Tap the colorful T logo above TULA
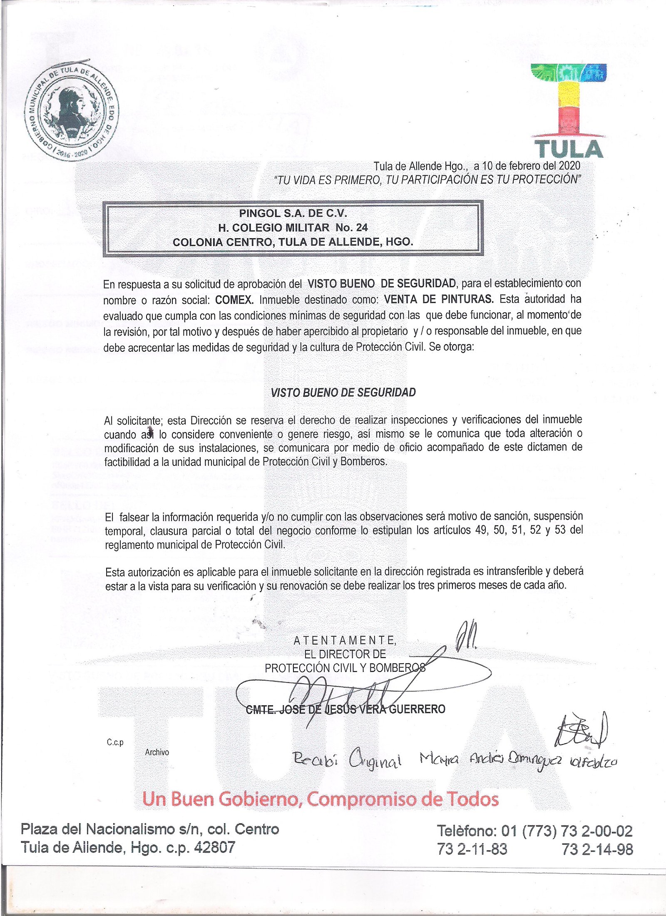pos(569,100)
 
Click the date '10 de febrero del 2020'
pos(531,166)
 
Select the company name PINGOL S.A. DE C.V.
pos(293,214)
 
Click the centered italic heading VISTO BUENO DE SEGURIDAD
pos(343,393)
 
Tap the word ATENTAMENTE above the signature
pos(345,640)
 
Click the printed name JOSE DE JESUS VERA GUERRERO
pos(345,709)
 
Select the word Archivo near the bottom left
pos(157,752)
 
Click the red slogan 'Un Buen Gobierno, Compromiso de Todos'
pos(320,799)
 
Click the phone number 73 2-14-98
pos(597,849)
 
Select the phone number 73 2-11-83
pos(472,849)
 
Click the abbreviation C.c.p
pos(115,742)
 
